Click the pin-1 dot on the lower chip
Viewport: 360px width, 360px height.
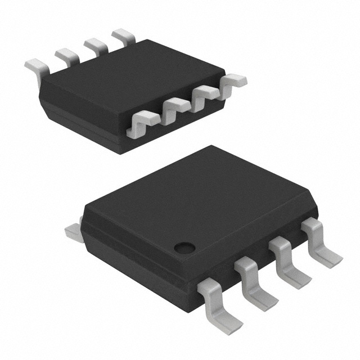[x=183, y=246]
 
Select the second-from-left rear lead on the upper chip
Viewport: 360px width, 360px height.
[x=67, y=55]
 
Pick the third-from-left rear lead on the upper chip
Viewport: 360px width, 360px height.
[x=96, y=45]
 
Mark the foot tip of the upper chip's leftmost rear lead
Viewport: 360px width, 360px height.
[x=31, y=66]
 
